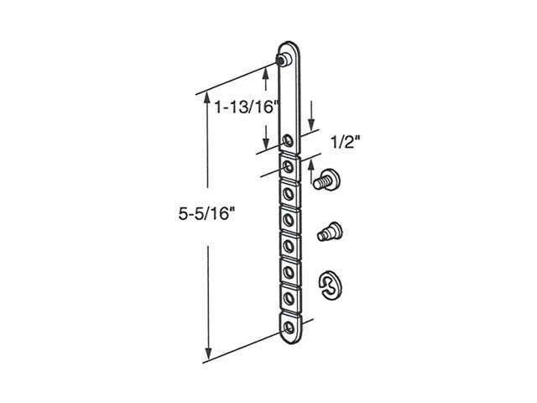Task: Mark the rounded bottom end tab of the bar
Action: coord(289,333)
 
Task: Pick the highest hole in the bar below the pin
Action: coord(289,139)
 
